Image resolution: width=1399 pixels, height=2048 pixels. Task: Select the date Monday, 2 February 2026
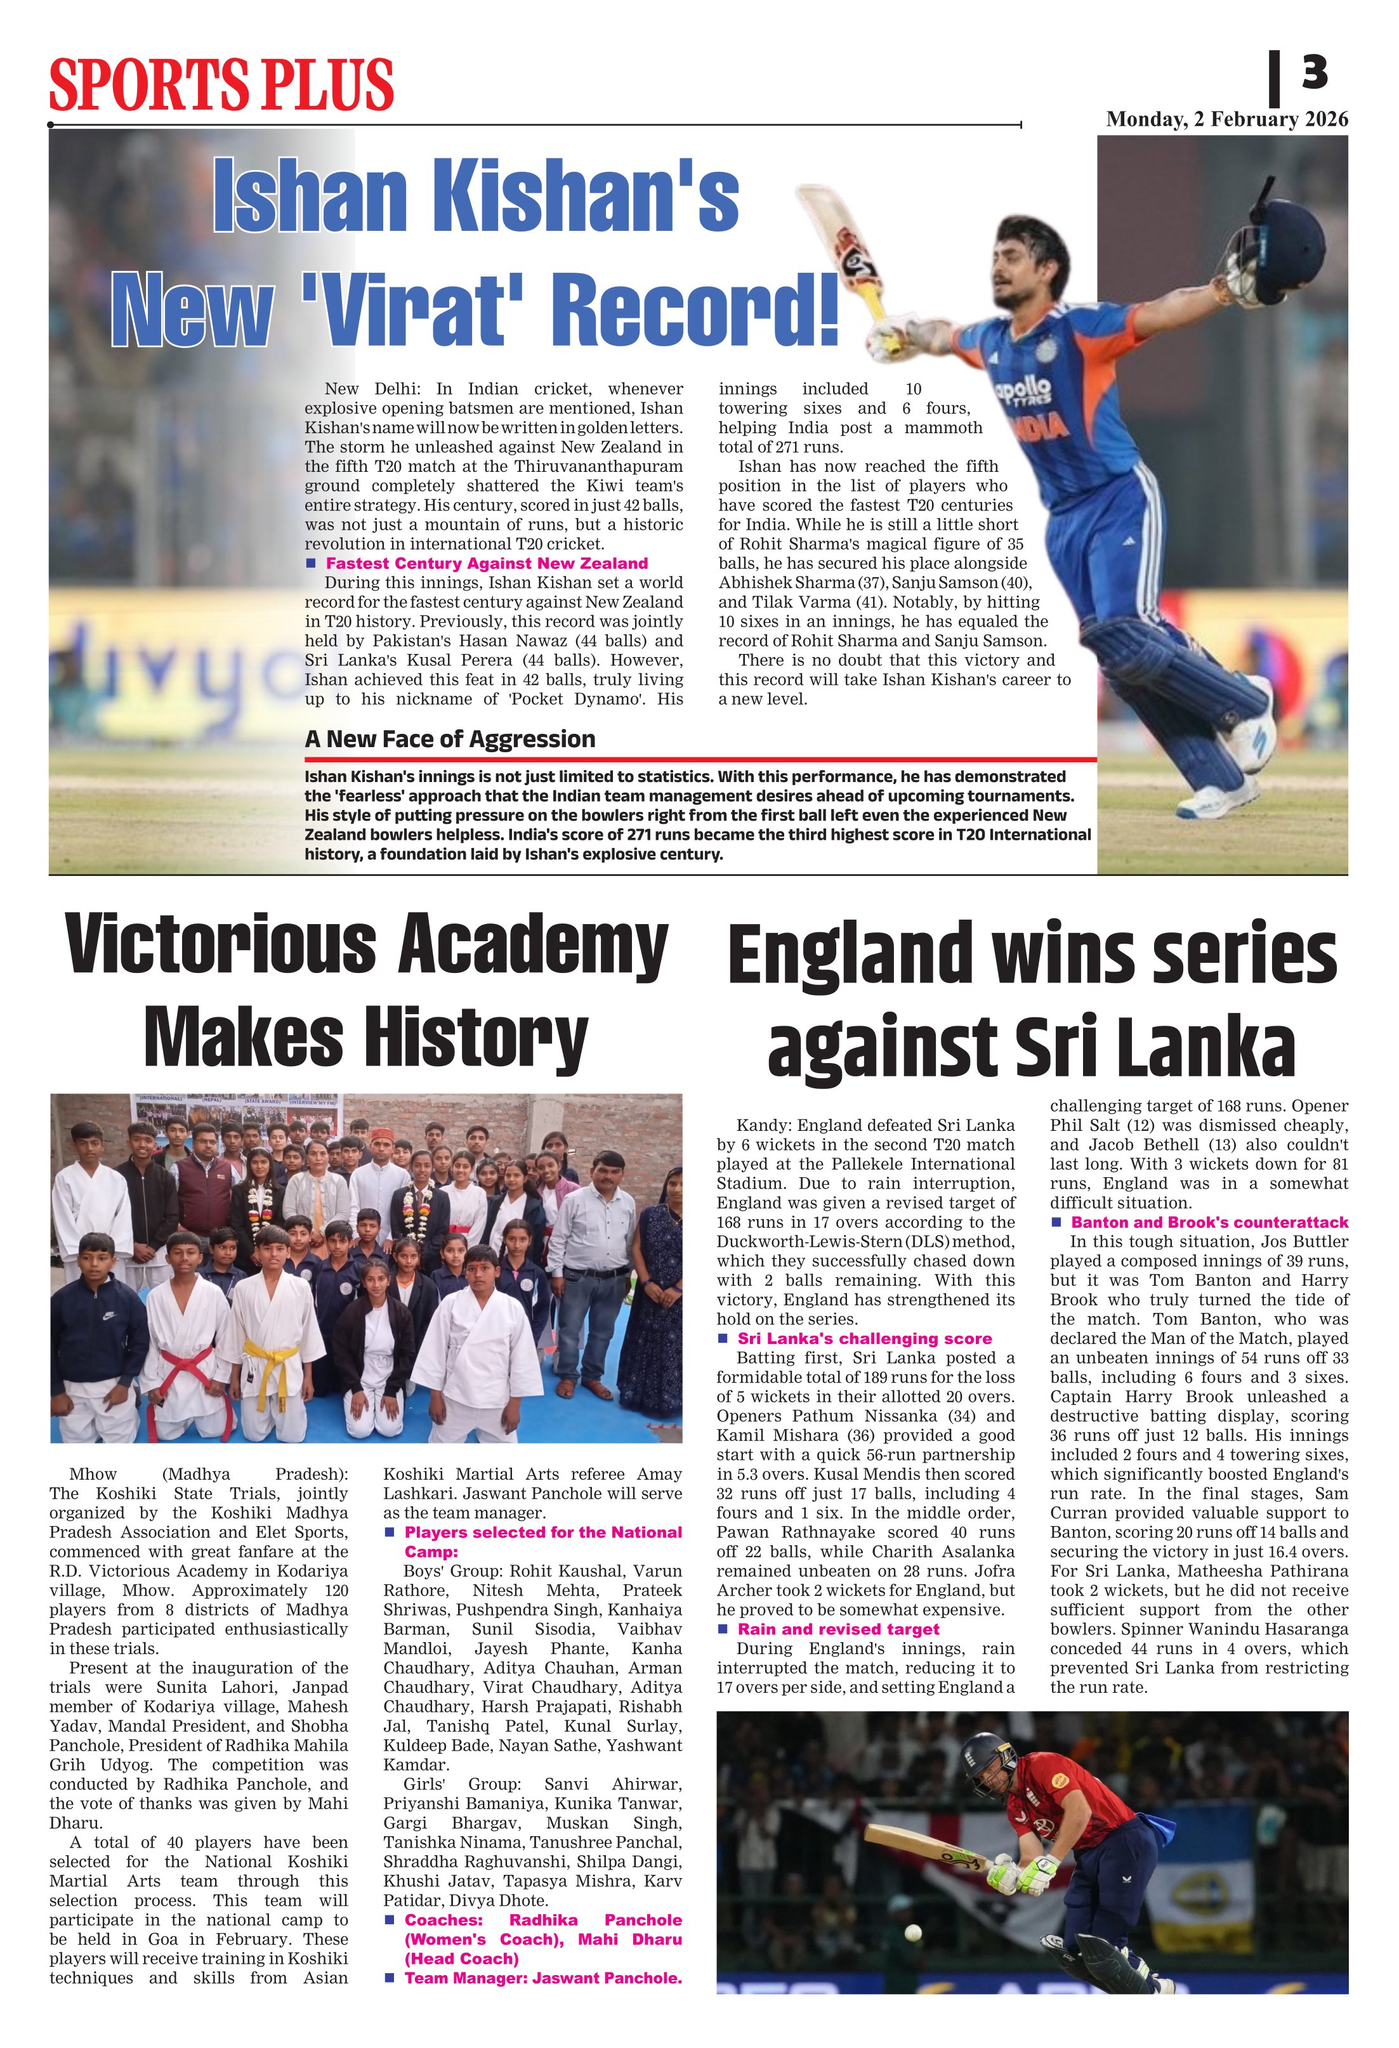1226,120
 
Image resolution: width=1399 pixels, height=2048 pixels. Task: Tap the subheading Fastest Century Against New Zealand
487,563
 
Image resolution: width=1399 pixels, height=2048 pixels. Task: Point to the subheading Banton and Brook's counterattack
1209,1222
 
